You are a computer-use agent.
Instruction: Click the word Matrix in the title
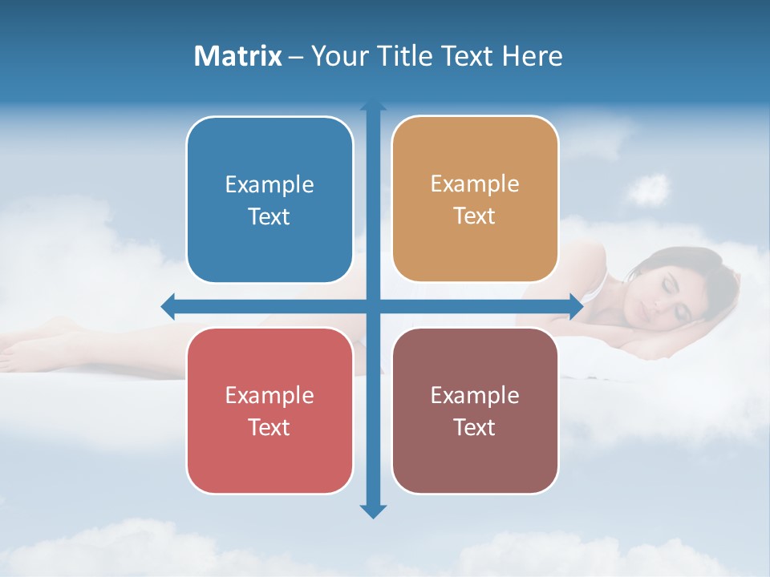pos(237,56)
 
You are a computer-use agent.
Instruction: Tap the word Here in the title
pos(532,56)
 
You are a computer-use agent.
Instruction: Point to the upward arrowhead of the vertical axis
pos(373,107)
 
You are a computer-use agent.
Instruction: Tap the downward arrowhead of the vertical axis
pos(373,510)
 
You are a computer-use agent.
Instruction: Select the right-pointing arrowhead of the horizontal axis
pos(576,305)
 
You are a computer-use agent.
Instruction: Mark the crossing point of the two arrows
pos(373,305)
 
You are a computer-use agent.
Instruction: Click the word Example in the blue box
pos(269,185)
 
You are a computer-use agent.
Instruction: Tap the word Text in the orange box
pos(475,216)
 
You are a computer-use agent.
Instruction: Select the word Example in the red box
pos(269,395)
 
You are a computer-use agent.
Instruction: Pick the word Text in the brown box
pos(475,427)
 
